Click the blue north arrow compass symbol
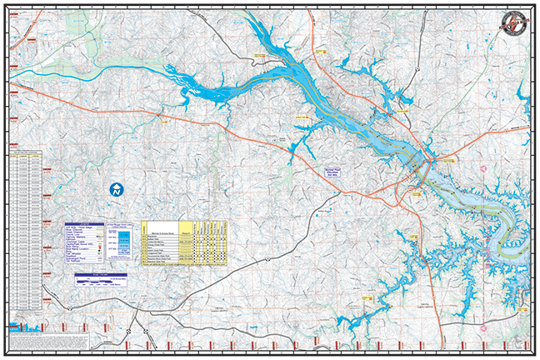(117, 189)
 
